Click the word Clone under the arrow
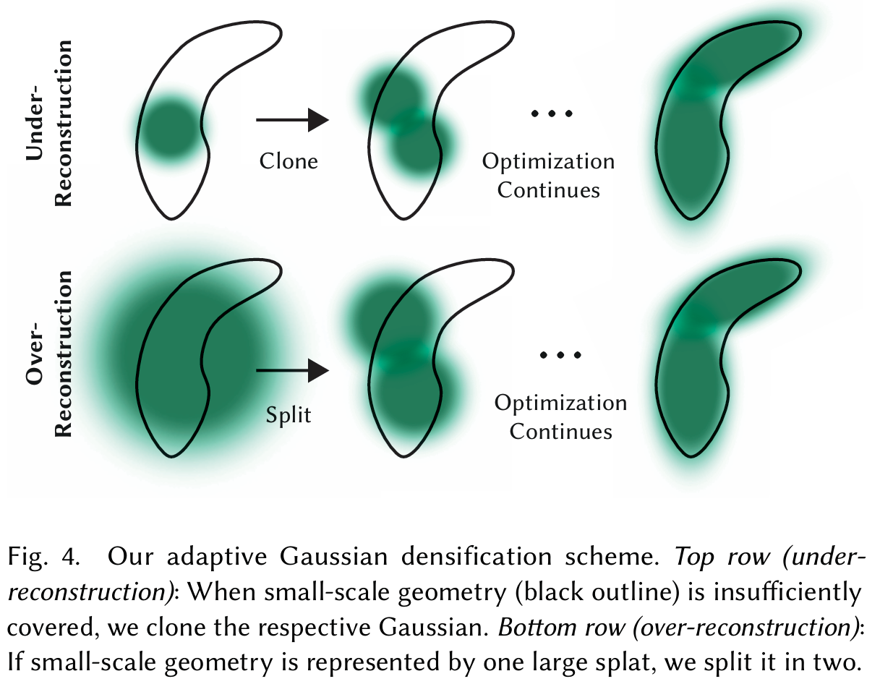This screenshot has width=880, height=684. (x=289, y=161)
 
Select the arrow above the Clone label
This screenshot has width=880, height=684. (x=293, y=119)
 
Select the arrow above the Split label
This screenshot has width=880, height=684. (x=293, y=372)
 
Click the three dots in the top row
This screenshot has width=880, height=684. (x=551, y=114)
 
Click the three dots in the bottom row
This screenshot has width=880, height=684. (x=561, y=355)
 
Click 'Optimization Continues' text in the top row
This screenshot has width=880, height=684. (x=549, y=176)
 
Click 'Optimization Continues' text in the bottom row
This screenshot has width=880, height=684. (x=561, y=417)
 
